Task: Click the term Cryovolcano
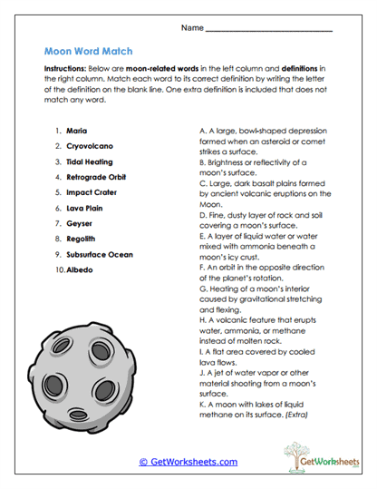tap(88, 146)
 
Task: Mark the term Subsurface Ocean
tap(99, 254)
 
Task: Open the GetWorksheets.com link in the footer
tap(188, 462)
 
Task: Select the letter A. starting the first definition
tap(203, 131)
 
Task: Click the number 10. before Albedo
tap(59, 269)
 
